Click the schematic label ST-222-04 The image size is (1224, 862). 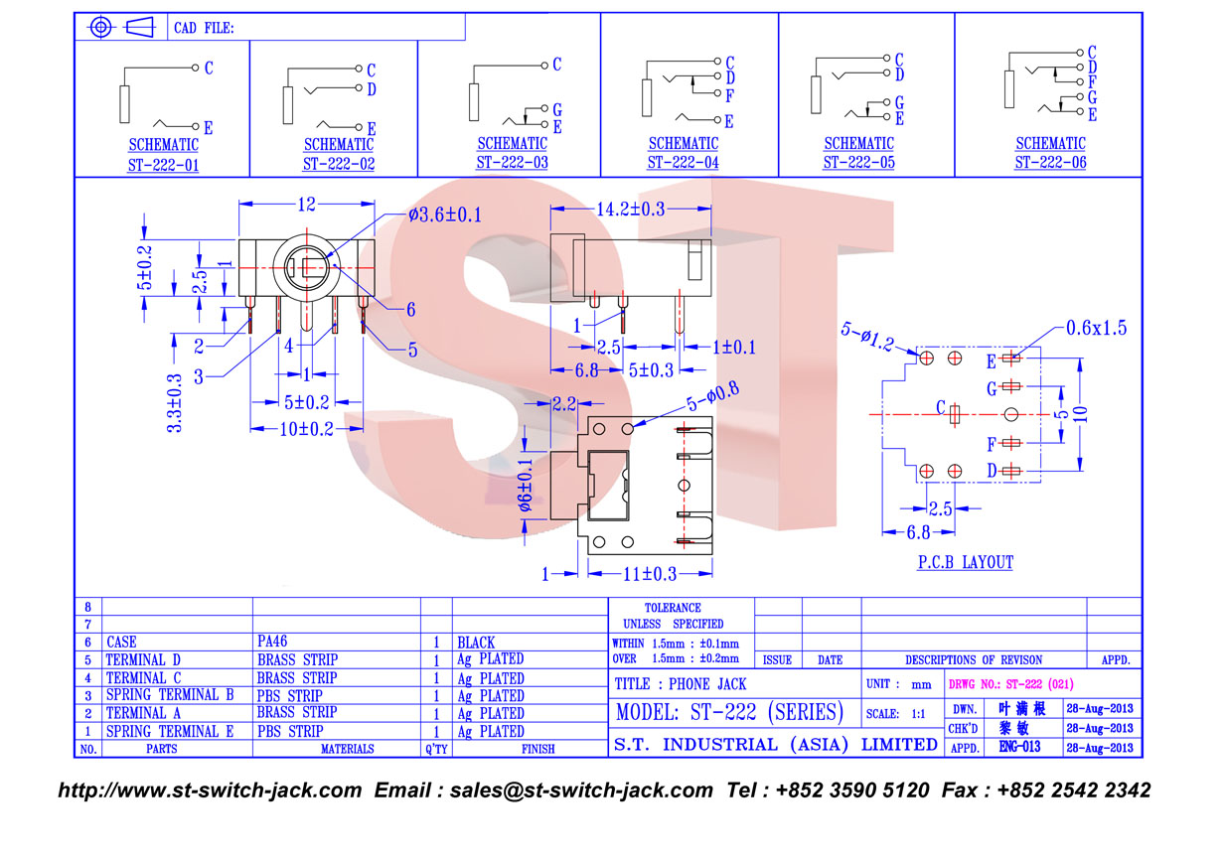pos(684,162)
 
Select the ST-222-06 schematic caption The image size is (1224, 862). pos(1050,162)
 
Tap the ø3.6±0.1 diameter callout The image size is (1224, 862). pos(445,215)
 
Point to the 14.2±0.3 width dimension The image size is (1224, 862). pos(631,209)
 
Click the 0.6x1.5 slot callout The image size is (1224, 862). pos(1096,328)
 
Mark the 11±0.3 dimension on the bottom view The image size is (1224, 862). pos(650,574)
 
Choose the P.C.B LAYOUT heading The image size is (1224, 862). pos(966,562)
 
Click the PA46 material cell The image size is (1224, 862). pos(272,642)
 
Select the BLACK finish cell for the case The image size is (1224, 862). pos(476,643)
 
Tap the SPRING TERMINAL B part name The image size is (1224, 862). pos(170,695)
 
